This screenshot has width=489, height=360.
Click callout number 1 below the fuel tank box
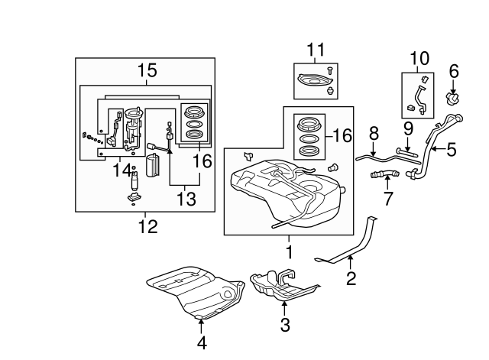click(x=289, y=251)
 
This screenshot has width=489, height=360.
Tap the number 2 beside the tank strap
click(x=351, y=278)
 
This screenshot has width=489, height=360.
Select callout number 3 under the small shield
click(x=284, y=325)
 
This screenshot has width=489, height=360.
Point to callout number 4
click(x=202, y=343)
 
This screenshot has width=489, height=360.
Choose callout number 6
click(x=453, y=71)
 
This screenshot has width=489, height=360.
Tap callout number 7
click(x=387, y=201)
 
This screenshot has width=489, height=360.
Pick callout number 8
click(x=374, y=133)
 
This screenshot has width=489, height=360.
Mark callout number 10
click(x=419, y=57)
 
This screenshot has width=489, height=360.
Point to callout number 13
click(x=185, y=199)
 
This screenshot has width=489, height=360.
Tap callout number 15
click(x=147, y=71)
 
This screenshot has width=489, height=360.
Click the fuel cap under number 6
click(x=453, y=99)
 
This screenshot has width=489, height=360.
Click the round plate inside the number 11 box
click(x=312, y=79)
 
